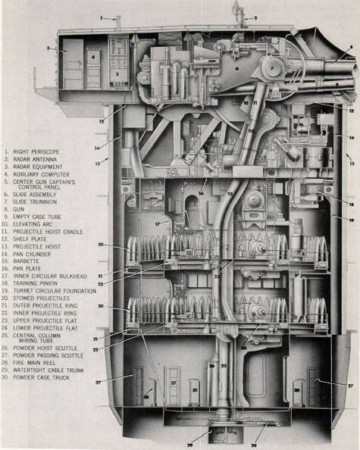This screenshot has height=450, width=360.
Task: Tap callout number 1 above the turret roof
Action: coord(101,17)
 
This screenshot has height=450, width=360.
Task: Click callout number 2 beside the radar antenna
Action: coord(255,17)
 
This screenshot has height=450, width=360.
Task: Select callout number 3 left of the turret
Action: coord(47,48)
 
